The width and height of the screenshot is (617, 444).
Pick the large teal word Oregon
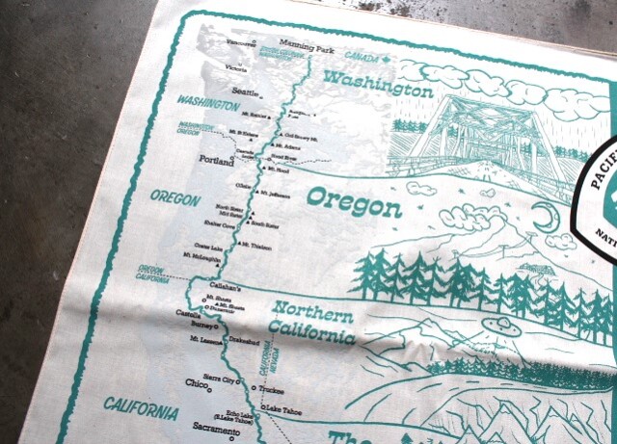click(354, 203)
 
